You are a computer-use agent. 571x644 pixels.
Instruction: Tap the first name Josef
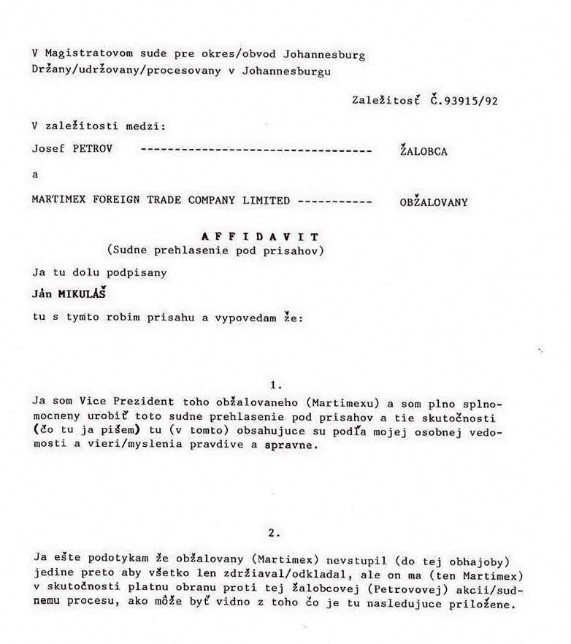47,149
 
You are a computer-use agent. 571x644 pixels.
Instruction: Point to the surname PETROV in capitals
88,149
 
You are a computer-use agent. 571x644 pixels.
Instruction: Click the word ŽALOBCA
424,152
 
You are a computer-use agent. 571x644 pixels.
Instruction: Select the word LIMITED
266,200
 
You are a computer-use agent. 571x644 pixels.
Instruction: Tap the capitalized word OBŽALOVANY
434,202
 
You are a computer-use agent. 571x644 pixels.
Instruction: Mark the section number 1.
275,384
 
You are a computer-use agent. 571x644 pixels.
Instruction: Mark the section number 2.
275,534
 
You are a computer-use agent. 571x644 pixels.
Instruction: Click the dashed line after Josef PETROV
256,150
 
